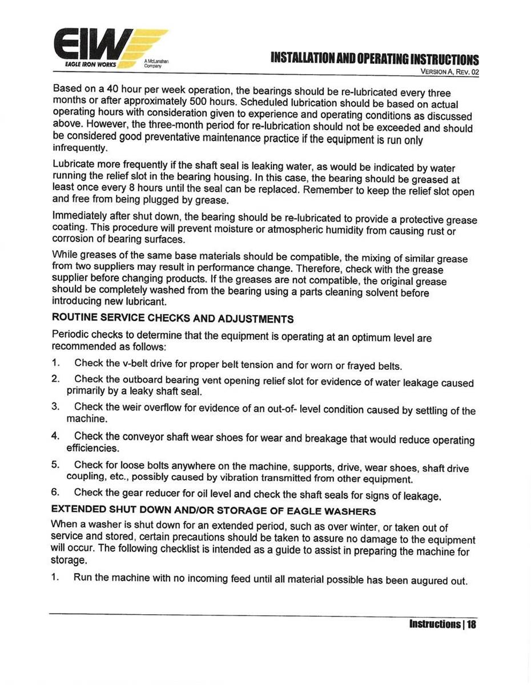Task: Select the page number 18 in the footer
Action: click(x=471, y=624)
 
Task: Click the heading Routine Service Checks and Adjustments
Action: click(x=173, y=319)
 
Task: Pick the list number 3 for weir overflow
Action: click(x=55, y=406)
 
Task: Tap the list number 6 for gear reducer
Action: click(x=55, y=492)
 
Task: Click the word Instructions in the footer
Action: click(x=436, y=624)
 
